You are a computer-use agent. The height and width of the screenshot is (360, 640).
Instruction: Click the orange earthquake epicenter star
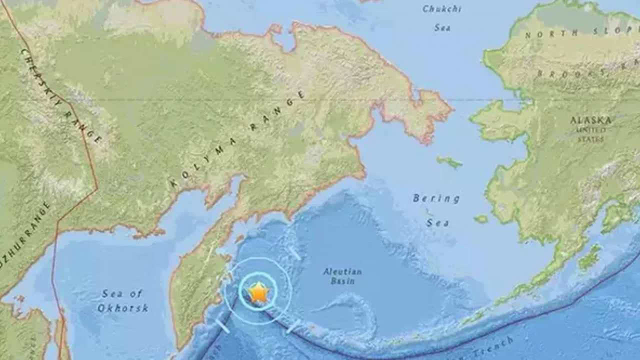(258, 292)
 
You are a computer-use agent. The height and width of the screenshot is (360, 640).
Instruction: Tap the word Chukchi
(441, 9)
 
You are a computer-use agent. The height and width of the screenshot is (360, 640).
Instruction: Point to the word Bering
(436, 198)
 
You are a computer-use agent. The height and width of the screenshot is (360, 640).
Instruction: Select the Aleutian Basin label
(342, 276)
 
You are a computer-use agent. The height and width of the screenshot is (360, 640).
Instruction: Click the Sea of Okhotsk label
(122, 300)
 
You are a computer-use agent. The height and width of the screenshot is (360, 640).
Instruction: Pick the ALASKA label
(590, 120)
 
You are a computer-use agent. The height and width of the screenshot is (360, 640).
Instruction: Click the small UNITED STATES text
(591, 134)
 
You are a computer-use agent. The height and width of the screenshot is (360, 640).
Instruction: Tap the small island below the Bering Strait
(449, 161)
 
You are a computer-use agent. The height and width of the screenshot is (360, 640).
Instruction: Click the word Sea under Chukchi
(442, 27)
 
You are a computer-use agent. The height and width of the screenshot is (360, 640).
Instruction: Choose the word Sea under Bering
(437, 222)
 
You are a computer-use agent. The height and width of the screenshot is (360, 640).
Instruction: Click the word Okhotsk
(122, 308)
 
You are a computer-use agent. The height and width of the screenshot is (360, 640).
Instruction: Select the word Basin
(342, 281)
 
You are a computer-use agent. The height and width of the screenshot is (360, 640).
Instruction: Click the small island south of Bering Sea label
(480, 218)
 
